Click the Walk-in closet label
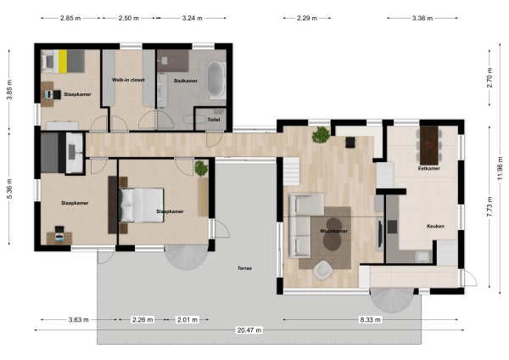(x=127, y=80)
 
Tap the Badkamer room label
(x=185, y=80)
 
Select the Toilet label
(x=213, y=121)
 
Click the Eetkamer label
(x=429, y=168)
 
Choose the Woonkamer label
(x=333, y=230)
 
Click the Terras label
(x=244, y=268)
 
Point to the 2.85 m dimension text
(x=71, y=17)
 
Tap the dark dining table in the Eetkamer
(x=432, y=143)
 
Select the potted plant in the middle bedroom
(x=201, y=168)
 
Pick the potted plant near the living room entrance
(x=322, y=134)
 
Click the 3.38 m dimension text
(x=424, y=17)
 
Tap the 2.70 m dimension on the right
(x=489, y=81)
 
